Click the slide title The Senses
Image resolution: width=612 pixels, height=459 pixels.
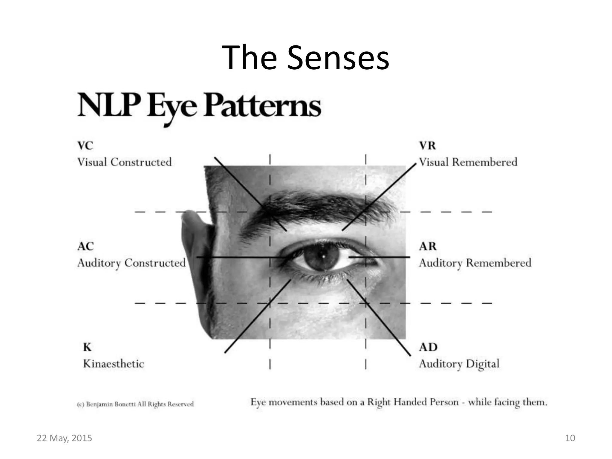tap(305, 57)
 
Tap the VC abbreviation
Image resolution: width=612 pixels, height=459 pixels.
tap(85, 146)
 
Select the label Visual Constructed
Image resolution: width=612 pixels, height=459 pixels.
tap(124, 162)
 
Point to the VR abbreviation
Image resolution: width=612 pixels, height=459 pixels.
tap(427, 146)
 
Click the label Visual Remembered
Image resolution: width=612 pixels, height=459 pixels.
tap(468, 162)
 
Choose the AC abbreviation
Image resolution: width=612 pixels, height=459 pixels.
tap(85, 247)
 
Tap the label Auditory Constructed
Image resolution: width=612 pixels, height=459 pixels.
tap(131, 263)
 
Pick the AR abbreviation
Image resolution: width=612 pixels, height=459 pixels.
tap(428, 247)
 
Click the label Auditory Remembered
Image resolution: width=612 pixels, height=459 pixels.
tap(475, 263)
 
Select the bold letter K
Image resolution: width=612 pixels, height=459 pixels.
tap(87, 347)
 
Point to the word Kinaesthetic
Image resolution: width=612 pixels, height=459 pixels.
tap(114, 364)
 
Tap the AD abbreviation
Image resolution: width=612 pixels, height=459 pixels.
tap(428, 347)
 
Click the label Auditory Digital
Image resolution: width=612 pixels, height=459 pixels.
tap(459, 364)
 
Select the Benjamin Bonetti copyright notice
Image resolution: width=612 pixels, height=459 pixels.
tap(135, 404)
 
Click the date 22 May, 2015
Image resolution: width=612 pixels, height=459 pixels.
tap(64, 438)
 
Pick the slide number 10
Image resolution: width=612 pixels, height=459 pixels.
tap(570, 438)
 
